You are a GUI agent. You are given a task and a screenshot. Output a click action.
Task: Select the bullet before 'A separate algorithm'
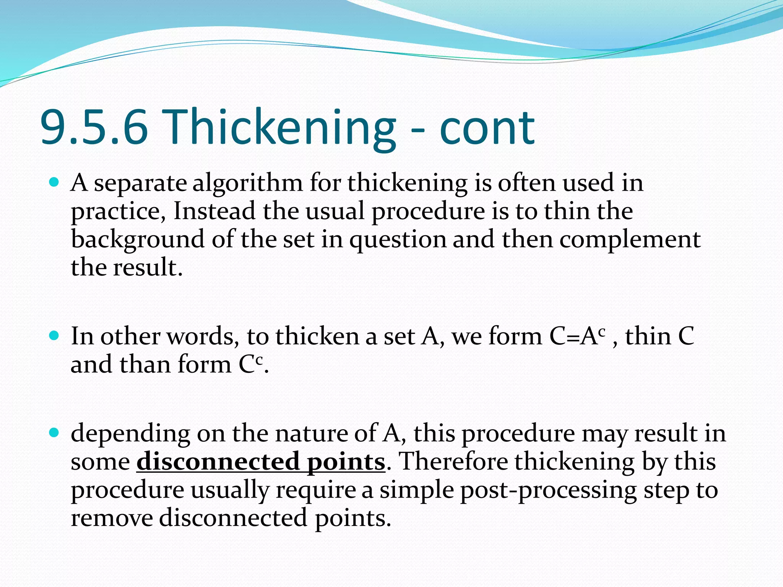(x=54, y=183)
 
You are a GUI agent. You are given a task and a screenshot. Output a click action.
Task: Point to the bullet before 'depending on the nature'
(x=54, y=433)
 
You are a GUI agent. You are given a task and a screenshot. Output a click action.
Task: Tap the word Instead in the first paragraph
(x=214, y=211)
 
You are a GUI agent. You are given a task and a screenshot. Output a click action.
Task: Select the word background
(x=138, y=240)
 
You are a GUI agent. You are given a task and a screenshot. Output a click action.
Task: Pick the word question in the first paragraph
(x=398, y=240)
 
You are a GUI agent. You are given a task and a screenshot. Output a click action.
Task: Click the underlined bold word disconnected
(x=218, y=462)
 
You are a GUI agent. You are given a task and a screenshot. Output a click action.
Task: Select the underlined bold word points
(x=346, y=462)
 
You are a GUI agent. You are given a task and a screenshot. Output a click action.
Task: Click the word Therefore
(x=453, y=462)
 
